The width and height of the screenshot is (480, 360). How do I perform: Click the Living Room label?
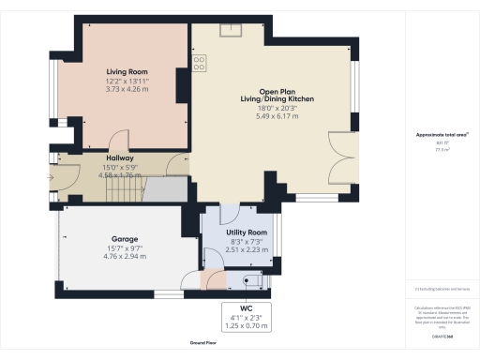pyautogui.click(x=127, y=70)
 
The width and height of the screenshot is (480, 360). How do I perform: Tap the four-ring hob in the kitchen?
pyautogui.click(x=199, y=63)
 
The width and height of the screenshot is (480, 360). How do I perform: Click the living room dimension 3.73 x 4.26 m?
pyautogui.click(x=127, y=89)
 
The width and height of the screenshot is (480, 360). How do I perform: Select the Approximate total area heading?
pyautogui.click(x=442, y=135)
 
